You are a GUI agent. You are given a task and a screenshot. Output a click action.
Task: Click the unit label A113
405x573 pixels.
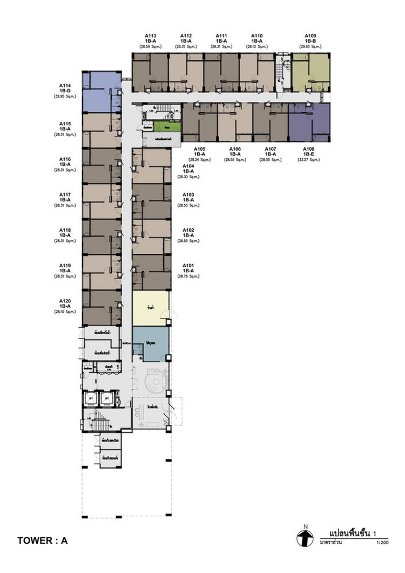144,36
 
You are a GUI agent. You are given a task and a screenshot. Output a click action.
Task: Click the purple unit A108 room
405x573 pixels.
309,123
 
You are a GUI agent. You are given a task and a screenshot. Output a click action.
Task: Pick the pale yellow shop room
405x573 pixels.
151,308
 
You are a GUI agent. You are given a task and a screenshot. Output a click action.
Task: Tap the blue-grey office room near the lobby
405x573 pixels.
151,344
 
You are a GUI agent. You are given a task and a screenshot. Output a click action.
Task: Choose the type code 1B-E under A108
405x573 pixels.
309,154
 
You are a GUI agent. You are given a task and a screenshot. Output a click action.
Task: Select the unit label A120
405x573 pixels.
65,300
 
